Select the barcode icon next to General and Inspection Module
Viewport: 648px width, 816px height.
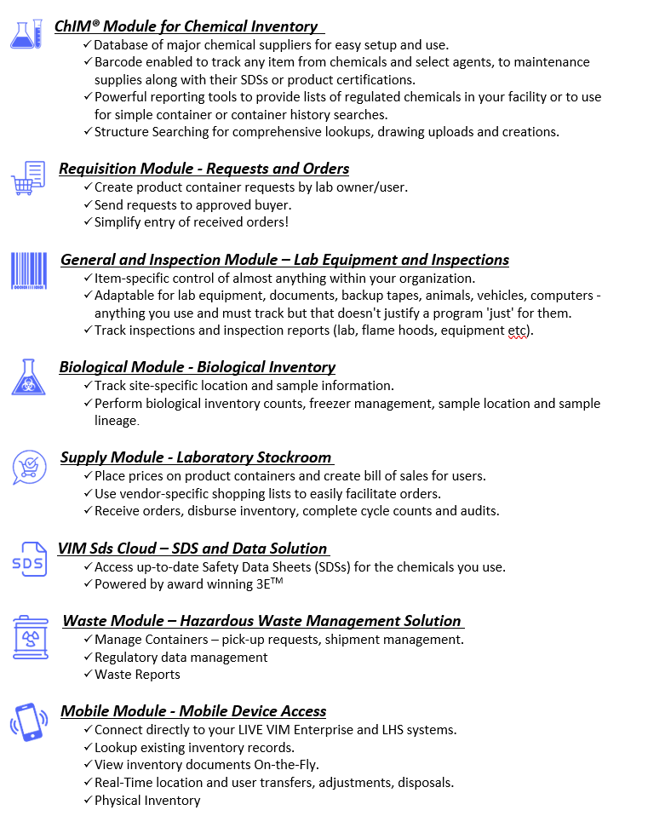click(x=29, y=271)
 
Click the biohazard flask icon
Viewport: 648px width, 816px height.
click(x=29, y=376)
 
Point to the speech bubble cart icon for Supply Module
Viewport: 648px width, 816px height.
click(x=29, y=468)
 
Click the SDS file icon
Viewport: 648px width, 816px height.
click(x=29, y=560)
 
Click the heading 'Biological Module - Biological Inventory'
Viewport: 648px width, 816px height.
click(x=197, y=367)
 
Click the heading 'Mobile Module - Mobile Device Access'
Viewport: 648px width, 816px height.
click(x=193, y=711)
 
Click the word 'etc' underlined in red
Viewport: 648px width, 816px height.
click(x=517, y=330)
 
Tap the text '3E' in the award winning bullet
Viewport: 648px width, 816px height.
click(x=249, y=584)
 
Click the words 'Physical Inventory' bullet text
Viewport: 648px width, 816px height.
click(x=147, y=801)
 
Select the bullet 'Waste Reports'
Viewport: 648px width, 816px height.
click(x=137, y=675)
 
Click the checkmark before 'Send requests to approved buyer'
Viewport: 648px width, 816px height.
click(x=88, y=204)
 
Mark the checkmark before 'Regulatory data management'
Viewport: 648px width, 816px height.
click(x=88, y=657)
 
